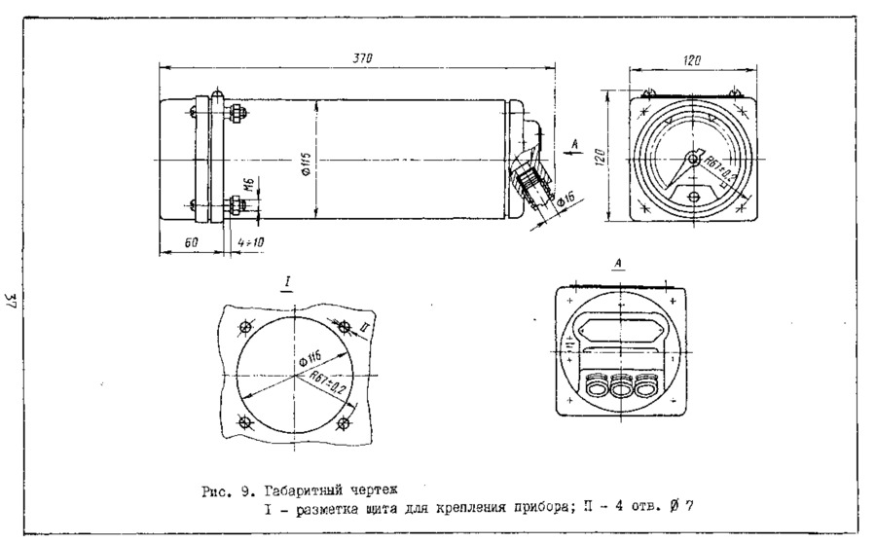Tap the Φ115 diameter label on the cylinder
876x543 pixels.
click(x=307, y=163)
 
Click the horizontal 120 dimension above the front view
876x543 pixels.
click(x=692, y=60)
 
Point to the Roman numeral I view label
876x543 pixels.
click(x=288, y=283)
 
